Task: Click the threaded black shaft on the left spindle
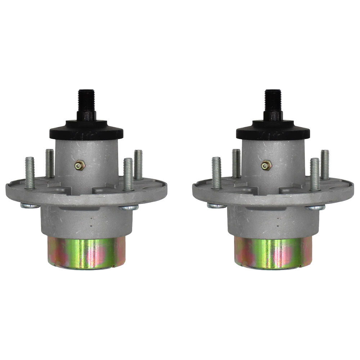[x=86, y=101]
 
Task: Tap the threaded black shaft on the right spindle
[x=273, y=101]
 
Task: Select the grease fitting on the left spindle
[x=79, y=165]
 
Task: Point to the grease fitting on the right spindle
[x=266, y=165]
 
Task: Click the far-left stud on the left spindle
[x=30, y=172]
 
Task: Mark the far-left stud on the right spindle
[x=216, y=172]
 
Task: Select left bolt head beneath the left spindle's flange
[x=30, y=206]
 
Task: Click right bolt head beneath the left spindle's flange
[x=129, y=208]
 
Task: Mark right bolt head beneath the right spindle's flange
[x=315, y=208]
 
